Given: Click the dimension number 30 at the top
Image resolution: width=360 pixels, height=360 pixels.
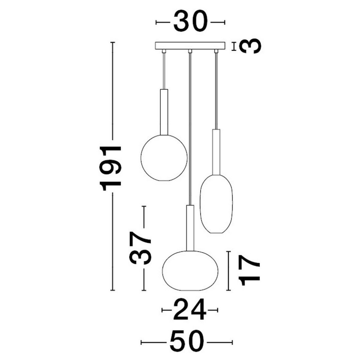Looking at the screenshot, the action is coord(190,21).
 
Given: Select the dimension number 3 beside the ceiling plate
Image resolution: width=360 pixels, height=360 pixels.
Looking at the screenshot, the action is coord(250,46).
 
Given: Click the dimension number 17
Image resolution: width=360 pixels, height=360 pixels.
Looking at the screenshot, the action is coord(249,270).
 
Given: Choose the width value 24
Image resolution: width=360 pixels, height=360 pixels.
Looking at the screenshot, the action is coord(190,309).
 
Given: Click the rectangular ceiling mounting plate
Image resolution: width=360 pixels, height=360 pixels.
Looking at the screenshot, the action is coord(190,45).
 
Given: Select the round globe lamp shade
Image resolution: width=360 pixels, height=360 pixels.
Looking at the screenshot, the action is coord(164,158).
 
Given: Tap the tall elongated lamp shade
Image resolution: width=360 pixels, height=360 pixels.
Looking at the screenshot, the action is coord(216,204).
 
